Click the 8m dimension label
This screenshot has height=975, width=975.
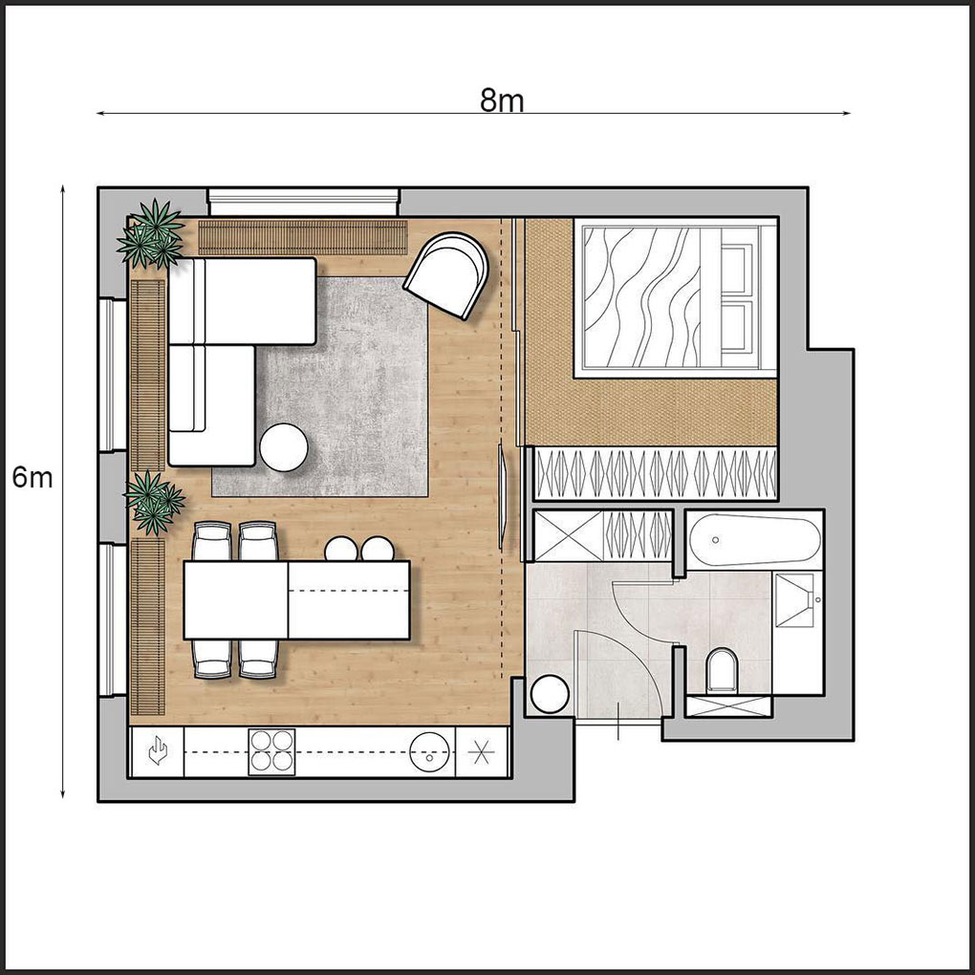tap(501, 100)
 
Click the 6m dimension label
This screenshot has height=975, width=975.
tap(32, 478)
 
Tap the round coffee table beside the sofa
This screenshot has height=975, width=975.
tap(284, 447)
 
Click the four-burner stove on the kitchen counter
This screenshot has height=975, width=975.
tap(271, 751)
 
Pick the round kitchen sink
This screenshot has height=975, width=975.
tap(429, 751)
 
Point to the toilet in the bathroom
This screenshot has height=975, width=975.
tap(722, 670)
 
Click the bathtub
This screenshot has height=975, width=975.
tap(755, 539)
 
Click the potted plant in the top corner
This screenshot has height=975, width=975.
tap(151, 233)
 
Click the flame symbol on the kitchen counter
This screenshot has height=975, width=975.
tap(158, 751)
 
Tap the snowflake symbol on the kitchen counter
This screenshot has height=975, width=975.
tap(481, 752)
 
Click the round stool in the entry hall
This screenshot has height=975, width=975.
tap(551, 695)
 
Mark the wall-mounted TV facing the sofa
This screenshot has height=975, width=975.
tap(504, 495)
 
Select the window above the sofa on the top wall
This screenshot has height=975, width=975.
tap(303, 203)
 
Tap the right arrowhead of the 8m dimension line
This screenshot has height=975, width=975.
tap(847, 113)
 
